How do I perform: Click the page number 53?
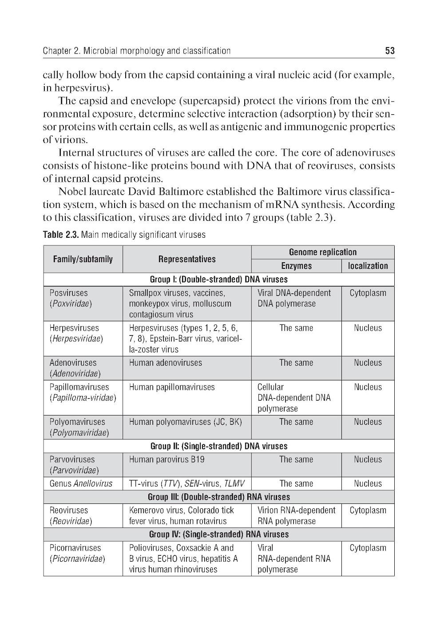[x=389, y=51]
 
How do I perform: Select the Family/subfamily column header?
[x=83, y=259]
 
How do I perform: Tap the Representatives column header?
[x=186, y=259]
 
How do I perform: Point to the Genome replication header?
[x=322, y=252]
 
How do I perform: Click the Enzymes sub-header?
[x=296, y=266]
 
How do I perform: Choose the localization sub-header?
[x=368, y=266]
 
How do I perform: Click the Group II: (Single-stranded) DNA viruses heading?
[x=218, y=446]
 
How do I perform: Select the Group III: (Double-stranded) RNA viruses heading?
[x=218, y=497]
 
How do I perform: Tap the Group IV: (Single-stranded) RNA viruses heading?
[x=218, y=534]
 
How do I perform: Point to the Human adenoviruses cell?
[x=165, y=363]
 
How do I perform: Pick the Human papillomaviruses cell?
[x=171, y=387]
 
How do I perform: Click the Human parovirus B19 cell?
[x=166, y=459]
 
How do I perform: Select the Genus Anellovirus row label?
[x=81, y=483]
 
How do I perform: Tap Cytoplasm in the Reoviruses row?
[x=368, y=510]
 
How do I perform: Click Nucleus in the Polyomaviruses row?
[x=368, y=422]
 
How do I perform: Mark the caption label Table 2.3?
[x=61, y=235]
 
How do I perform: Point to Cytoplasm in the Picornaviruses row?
[x=368, y=548]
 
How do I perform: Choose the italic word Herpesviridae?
[x=76, y=339]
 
